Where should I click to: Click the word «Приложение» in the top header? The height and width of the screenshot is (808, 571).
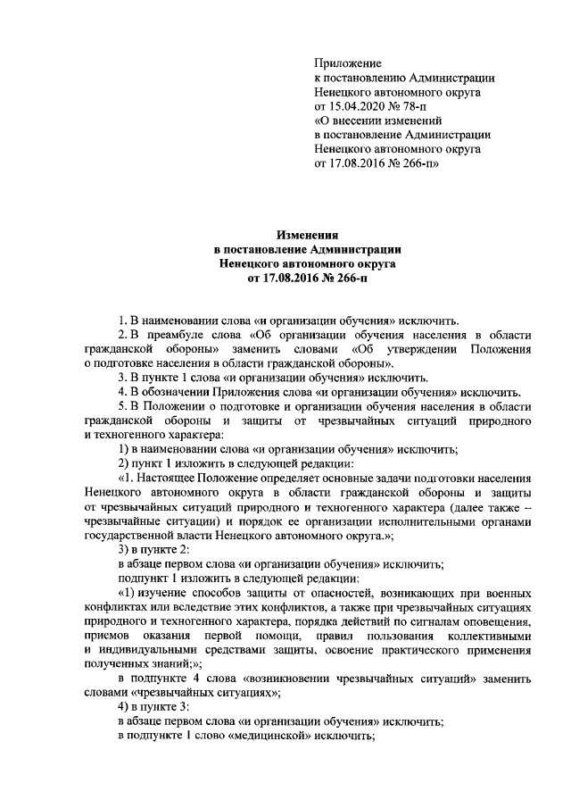coord(349,63)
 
